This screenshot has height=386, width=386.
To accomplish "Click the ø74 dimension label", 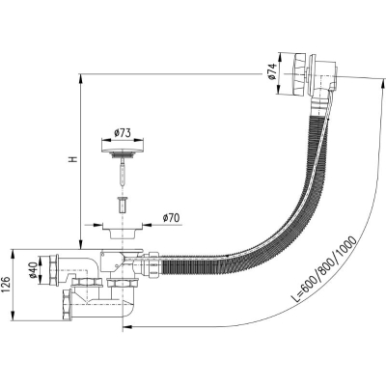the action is pyautogui.click(x=272, y=71).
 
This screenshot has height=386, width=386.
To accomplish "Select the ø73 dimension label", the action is pyautogui.click(x=123, y=133).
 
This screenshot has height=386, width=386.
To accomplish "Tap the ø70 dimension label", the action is pyautogui.click(x=171, y=218).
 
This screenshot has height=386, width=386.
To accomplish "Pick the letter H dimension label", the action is pyautogui.click(x=73, y=159).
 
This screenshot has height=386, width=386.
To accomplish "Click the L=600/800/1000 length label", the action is pyautogui.click(x=325, y=269).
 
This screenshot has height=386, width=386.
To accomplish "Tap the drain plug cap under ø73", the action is pyautogui.click(x=123, y=151).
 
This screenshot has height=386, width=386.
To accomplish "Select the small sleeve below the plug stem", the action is pyautogui.click(x=122, y=205).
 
